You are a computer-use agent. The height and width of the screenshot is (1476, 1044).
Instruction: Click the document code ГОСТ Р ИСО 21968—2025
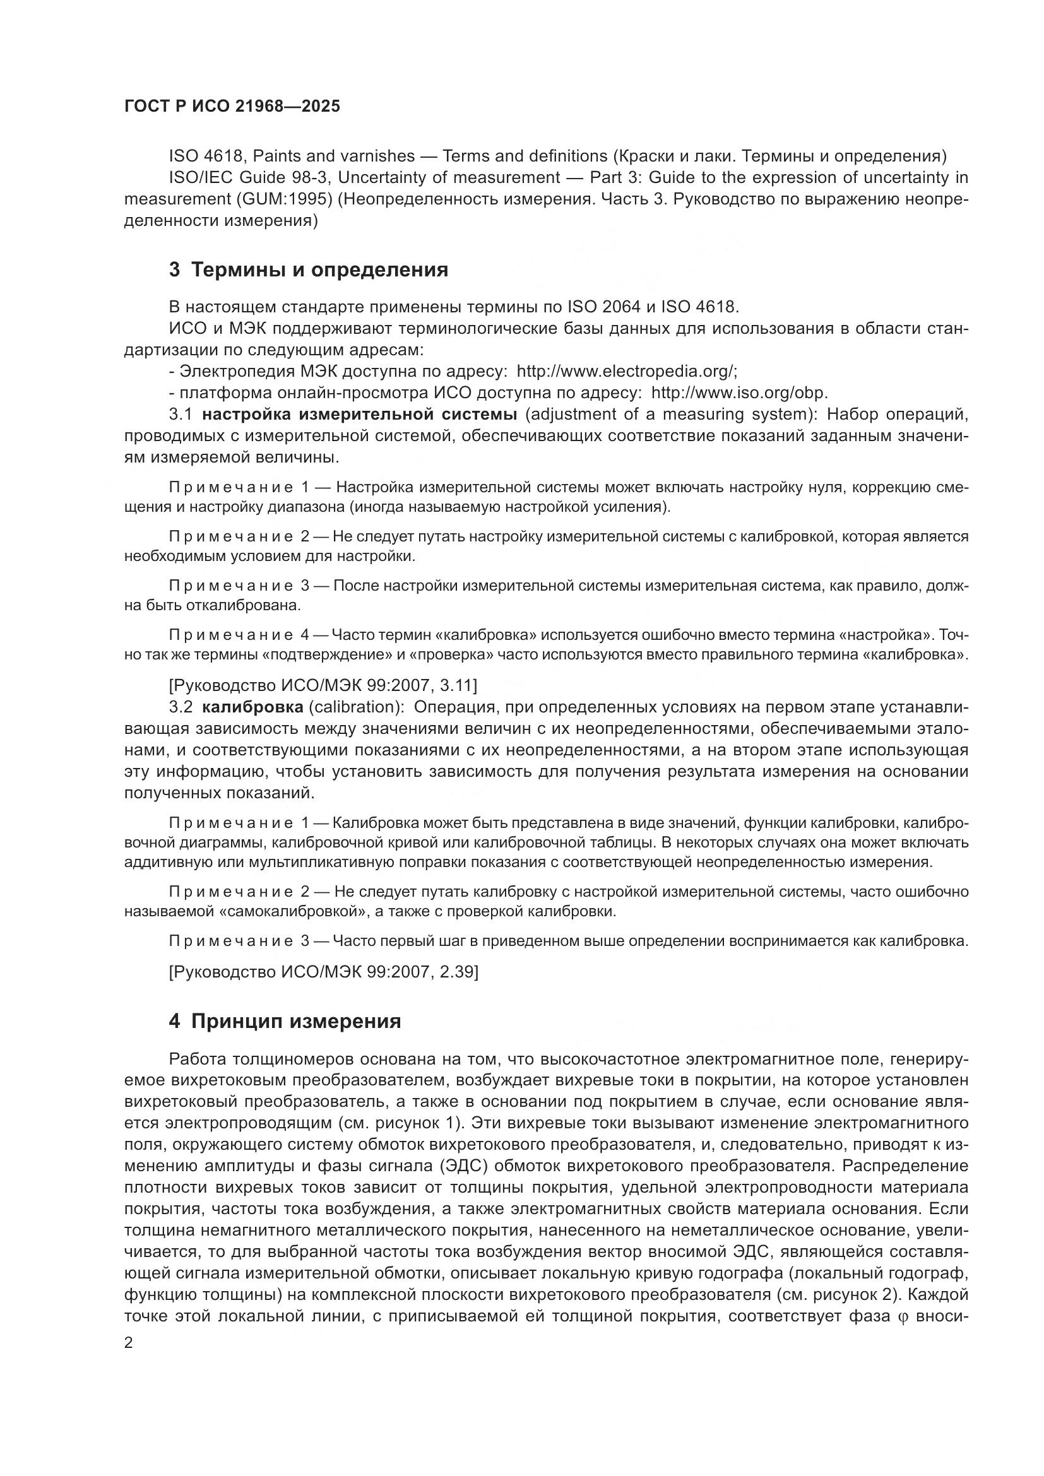point(232,107)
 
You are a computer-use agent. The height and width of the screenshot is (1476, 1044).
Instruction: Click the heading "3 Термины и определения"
point(309,270)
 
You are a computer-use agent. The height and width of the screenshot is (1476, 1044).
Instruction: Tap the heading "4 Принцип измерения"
point(285,1021)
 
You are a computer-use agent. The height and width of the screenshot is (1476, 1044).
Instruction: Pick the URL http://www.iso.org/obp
point(739,393)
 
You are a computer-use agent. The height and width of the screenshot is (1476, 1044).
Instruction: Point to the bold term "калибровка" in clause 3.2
point(252,707)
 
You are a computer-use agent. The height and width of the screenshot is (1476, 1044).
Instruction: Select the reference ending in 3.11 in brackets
point(323,685)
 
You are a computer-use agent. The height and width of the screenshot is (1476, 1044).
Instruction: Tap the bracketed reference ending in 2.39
point(323,972)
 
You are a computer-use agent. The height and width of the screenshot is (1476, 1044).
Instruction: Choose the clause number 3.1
point(181,415)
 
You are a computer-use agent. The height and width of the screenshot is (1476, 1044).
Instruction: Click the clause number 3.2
point(181,707)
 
